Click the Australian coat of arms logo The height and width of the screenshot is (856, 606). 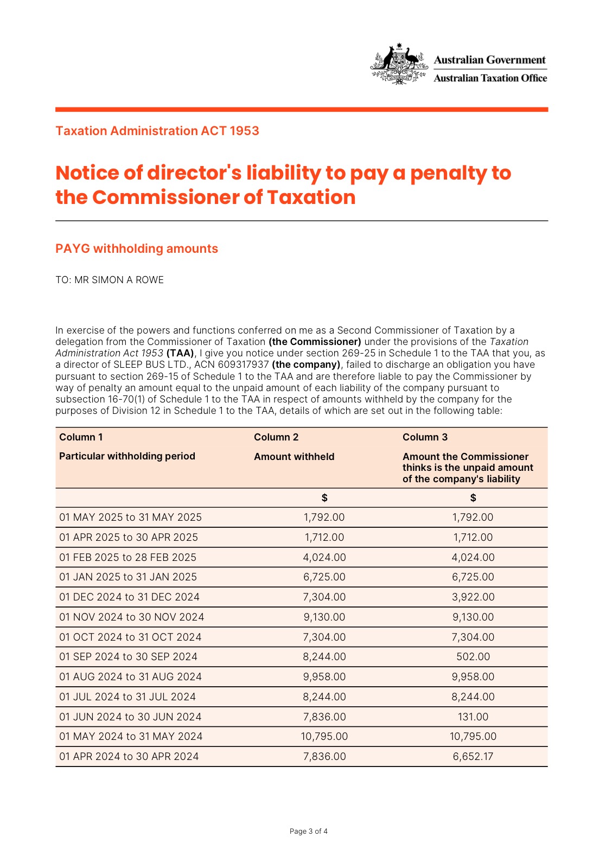click(399, 64)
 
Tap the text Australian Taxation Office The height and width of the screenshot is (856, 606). click(490, 78)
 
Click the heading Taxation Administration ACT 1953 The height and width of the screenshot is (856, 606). click(157, 131)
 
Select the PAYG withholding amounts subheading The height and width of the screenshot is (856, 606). click(137, 248)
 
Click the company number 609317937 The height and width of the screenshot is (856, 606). click(243, 365)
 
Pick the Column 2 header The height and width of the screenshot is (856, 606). click(276, 437)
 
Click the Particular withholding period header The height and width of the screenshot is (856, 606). click(127, 456)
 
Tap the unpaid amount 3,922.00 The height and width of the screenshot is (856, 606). click(473, 597)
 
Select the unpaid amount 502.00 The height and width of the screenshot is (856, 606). click(473, 656)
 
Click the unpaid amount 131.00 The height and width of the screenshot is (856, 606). click(473, 717)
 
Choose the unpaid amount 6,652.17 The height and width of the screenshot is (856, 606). click(473, 756)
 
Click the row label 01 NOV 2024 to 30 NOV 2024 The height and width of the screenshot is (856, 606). click(132, 617)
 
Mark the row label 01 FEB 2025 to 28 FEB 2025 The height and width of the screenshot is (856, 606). click(128, 557)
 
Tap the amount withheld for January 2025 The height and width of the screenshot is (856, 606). click(324, 577)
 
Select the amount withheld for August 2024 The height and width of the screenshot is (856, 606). click(324, 676)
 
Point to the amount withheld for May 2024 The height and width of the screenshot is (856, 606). click(324, 736)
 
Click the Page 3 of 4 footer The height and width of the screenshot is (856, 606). click(308, 831)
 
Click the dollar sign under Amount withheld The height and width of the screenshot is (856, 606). click(324, 497)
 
